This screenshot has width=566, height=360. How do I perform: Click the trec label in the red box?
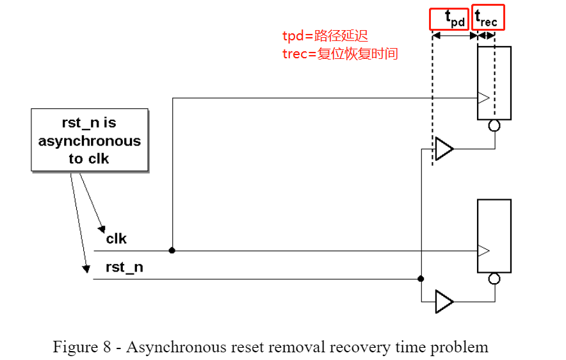pyautogui.click(x=489, y=17)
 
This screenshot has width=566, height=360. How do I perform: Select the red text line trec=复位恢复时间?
pyautogui.click(x=340, y=54)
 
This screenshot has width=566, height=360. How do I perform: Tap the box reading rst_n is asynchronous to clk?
pyautogui.click(x=90, y=140)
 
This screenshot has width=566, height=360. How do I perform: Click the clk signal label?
pyautogui.click(x=117, y=238)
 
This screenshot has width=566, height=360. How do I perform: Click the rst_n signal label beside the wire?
pyautogui.click(x=124, y=267)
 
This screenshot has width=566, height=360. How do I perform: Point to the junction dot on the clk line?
pyautogui.click(x=172, y=250)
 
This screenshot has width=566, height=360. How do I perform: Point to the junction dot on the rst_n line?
pyautogui.click(x=421, y=279)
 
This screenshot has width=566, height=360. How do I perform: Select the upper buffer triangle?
pyautogui.click(x=443, y=149)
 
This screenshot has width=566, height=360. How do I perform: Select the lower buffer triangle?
pyautogui.click(x=443, y=301)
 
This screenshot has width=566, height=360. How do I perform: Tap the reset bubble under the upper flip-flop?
pyautogui.click(x=494, y=126)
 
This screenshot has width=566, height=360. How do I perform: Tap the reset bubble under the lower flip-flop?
pyautogui.click(x=494, y=278)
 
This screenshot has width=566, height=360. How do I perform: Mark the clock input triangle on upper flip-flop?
pyautogui.click(x=483, y=98)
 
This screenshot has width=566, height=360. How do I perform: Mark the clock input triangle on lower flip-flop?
pyautogui.click(x=483, y=250)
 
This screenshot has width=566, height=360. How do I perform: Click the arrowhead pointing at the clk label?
pyautogui.click(x=101, y=229)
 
